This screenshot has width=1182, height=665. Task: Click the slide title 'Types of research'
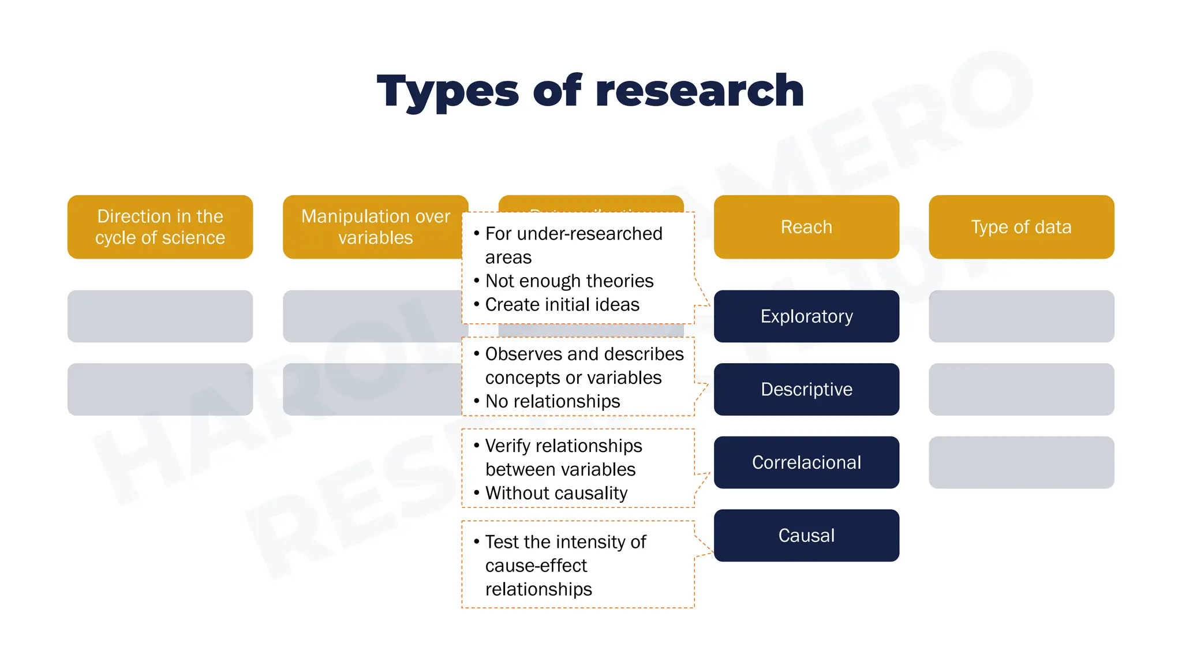tap(590, 91)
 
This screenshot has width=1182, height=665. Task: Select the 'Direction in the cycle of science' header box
tap(160, 227)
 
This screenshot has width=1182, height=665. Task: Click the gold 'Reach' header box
tap(806, 227)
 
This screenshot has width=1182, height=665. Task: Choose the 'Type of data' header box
tap(1021, 227)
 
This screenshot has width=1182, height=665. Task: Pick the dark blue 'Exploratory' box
tap(806, 316)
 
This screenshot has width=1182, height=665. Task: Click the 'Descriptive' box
tap(806, 389)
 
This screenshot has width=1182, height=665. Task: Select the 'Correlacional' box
tap(806, 462)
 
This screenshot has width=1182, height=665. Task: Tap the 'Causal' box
tap(806, 535)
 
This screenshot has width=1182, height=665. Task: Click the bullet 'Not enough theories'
tap(569, 281)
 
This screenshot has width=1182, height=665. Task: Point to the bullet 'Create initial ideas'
tap(562, 304)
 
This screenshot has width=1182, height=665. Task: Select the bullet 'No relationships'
tap(552, 401)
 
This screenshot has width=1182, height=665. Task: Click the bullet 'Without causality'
tap(556, 493)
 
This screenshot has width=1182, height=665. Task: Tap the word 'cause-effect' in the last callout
tap(536, 566)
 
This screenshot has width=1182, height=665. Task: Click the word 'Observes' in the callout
tap(523, 354)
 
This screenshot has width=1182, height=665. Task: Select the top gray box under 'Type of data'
tap(1021, 316)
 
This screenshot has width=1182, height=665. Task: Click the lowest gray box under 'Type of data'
tap(1021, 462)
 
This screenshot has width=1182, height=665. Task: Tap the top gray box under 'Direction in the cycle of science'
tap(160, 316)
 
